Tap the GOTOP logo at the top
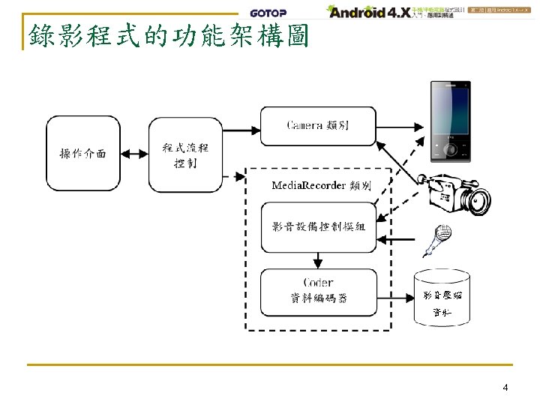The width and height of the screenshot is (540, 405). [x=268, y=12]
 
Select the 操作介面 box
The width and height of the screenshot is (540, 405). [x=83, y=154]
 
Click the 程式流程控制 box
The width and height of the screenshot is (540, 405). [x=185, y=154]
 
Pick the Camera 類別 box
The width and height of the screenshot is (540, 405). [x=318, y=124]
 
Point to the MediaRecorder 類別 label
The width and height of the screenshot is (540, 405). [x=320, y=185]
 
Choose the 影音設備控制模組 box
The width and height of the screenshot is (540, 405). [x=318, y=226]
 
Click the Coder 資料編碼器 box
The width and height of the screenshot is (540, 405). [x=318, y=290]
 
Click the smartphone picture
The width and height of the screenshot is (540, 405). [x=451, y=121]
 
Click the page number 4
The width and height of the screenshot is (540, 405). [x=505, y=388]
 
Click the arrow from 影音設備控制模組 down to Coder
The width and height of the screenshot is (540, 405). [x=318, y=259]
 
